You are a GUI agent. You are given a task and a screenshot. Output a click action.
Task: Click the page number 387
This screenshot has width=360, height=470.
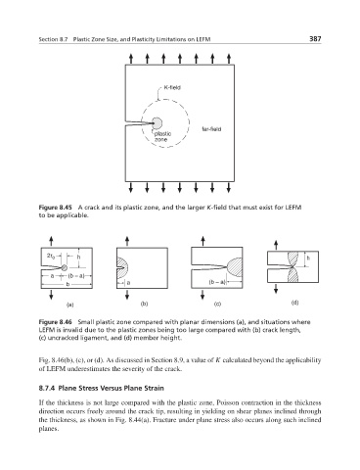(315, 39)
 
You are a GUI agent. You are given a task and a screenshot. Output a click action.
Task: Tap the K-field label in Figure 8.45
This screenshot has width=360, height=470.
(172, 87)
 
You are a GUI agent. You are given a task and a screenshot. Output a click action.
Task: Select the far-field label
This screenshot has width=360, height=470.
(211, 129)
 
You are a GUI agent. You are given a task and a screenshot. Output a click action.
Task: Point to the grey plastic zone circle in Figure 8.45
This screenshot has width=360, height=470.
(157, 123)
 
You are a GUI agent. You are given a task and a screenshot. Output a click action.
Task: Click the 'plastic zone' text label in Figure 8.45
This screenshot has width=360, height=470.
(162, 137)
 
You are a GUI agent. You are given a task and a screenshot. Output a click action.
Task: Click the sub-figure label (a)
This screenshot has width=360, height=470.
(69, 305)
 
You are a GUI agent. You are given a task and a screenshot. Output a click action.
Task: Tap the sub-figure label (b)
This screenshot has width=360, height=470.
(144, 304)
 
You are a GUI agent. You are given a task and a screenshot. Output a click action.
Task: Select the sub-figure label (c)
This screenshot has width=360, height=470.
(217, 305)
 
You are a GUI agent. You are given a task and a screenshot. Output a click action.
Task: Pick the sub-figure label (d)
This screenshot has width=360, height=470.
(294, 303)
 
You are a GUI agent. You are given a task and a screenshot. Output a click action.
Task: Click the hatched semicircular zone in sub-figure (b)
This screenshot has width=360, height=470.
(122, 267)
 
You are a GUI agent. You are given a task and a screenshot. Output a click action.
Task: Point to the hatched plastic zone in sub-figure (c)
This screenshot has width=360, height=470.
(235, 268)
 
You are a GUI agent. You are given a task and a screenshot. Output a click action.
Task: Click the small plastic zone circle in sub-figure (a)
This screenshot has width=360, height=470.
(65, 268)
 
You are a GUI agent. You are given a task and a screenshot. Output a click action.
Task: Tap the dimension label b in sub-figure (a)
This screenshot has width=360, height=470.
(67, 284)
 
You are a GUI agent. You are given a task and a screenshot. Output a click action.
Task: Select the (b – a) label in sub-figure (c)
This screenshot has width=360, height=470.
(217, 282)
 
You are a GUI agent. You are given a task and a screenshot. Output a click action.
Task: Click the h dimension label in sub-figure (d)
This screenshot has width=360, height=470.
(308, 258)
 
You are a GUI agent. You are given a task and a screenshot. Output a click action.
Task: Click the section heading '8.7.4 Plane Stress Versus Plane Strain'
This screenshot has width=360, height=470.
(101, 388)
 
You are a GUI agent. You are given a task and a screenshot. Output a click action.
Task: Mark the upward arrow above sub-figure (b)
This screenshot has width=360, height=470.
(127, 241)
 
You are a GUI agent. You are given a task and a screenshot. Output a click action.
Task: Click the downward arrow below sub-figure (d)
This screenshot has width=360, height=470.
(276, 288)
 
